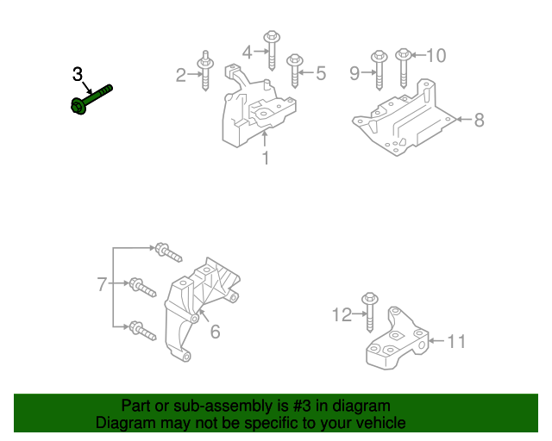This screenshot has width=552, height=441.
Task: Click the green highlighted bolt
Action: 90,97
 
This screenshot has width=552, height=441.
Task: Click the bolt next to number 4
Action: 272,50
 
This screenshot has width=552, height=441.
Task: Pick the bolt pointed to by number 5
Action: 295,70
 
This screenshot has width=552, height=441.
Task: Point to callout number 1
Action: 266,158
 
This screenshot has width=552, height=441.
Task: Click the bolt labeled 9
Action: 379,71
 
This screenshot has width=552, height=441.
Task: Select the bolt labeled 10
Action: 403,69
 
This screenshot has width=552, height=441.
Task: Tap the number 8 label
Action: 479,121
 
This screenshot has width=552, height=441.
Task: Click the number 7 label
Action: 101,283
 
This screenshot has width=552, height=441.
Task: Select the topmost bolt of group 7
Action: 166,252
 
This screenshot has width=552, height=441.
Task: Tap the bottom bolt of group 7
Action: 141,328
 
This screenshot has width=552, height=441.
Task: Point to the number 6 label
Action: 215,332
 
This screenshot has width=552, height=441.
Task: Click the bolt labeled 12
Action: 369,309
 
